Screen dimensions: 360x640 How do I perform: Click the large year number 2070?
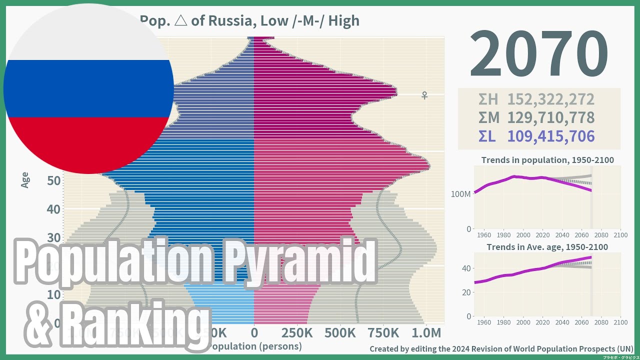click(538, 54)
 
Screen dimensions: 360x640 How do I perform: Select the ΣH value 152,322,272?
click(550, 99)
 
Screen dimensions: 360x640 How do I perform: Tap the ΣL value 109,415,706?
click(550, 136)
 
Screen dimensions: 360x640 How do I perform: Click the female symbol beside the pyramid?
click(424, 95)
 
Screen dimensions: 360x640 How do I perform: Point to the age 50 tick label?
click(54, 180)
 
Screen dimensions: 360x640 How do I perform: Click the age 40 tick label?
click(54, 209)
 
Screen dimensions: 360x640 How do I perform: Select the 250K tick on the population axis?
click(297, 333)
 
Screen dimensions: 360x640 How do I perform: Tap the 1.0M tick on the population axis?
click(426, 333)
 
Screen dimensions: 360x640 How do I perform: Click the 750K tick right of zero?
click(383, 333)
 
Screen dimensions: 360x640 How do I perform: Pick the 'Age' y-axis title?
click(25, 180)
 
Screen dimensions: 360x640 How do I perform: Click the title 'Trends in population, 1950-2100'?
click(547, 160)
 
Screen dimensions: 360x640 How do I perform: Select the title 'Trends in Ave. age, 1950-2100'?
click(547, 247)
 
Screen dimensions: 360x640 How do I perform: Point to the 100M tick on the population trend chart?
click(460, 194)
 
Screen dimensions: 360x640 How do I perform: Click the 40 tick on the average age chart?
click(466, 268)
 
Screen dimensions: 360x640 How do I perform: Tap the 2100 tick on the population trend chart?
click(620, 235)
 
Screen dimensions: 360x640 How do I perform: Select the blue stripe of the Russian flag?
click(89, 88)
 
